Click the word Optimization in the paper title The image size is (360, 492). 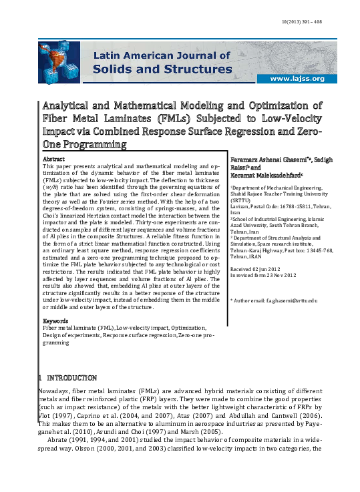point(263,106)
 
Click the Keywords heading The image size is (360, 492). point(57,321)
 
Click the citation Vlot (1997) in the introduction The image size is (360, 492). point(55,406)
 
